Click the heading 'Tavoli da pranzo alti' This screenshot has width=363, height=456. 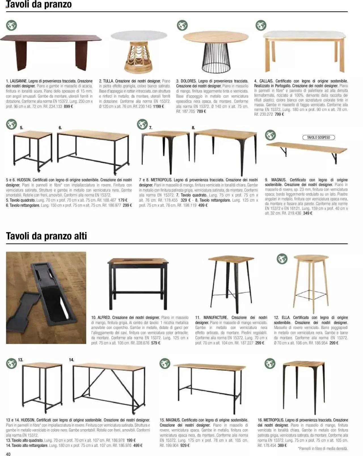point(47,236)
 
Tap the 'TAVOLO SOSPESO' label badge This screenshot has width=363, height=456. point(318,137)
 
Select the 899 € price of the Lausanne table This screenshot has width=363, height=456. point(68,106)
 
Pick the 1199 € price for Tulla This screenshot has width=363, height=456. point(158,106)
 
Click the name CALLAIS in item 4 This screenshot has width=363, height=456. point(266,81)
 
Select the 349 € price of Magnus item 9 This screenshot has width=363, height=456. point(307,213)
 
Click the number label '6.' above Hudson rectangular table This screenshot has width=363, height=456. point(60,128)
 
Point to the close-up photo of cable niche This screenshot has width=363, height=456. point(46,298)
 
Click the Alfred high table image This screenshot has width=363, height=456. point(138,282)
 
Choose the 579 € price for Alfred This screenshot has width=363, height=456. point(156,343)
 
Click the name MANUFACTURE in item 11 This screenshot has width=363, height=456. point(216,318)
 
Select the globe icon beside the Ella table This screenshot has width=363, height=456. point(282,259)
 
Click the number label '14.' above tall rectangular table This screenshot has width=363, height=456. point(71,360)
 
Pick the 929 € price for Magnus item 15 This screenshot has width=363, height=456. point(184,445)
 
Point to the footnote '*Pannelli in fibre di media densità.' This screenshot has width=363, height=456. point(323,449)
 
